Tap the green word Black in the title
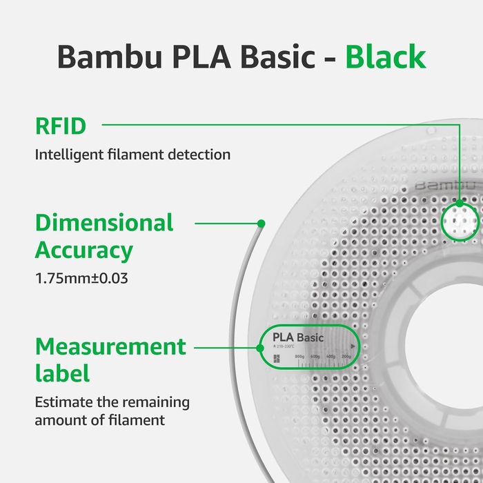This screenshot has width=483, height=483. pos(386,57)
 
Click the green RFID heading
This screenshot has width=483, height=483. pos(61,126)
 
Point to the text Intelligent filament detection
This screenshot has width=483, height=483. pos(132,155)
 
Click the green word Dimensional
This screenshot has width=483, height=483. pos(104,223)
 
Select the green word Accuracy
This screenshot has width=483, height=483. pos(83,250)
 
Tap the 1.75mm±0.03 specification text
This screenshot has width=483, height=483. pos(83,279)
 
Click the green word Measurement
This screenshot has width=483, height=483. pos(110,346)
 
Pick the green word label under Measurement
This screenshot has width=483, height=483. pos(62,373)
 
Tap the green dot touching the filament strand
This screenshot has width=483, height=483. pos(261,223)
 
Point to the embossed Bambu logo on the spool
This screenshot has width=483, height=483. pos(446,186)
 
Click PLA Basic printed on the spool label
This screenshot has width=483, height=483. pos(298,337)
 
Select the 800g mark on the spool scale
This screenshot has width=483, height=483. pos(299,357)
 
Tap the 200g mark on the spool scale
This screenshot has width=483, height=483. pos(346,357)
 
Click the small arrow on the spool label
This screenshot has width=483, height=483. pos(353,346)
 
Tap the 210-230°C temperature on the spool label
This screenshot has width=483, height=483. pos(284,346)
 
